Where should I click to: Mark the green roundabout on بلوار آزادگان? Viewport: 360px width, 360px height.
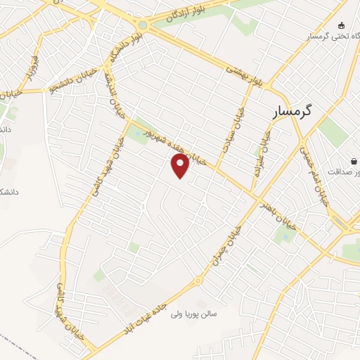click(143, 25)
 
